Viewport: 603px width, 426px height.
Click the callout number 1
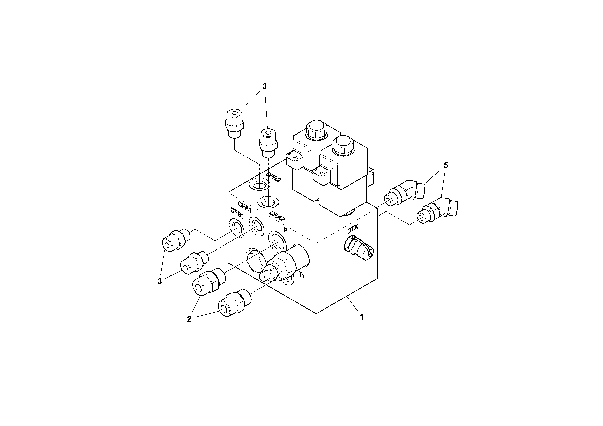[361, 317]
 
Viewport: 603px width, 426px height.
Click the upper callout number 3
[264, 86]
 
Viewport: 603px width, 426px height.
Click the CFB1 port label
[237, 211]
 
